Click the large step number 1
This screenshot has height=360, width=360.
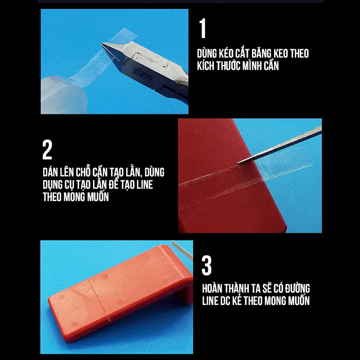click(x=203, y=28)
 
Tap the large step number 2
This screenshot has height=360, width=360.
click(x=47, y=150)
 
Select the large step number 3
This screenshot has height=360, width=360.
click(x=207, y=266)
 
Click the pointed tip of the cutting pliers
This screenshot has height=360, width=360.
click(x=103, y=44)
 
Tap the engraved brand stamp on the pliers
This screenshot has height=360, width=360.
click(x=142, y=74)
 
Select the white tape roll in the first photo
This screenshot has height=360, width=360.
click(x=64, y=95)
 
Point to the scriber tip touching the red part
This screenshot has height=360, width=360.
click(x=239, y=163)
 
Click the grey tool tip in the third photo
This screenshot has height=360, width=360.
click(x=182, y=250)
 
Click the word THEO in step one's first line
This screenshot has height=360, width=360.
click(x=299, y=53)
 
